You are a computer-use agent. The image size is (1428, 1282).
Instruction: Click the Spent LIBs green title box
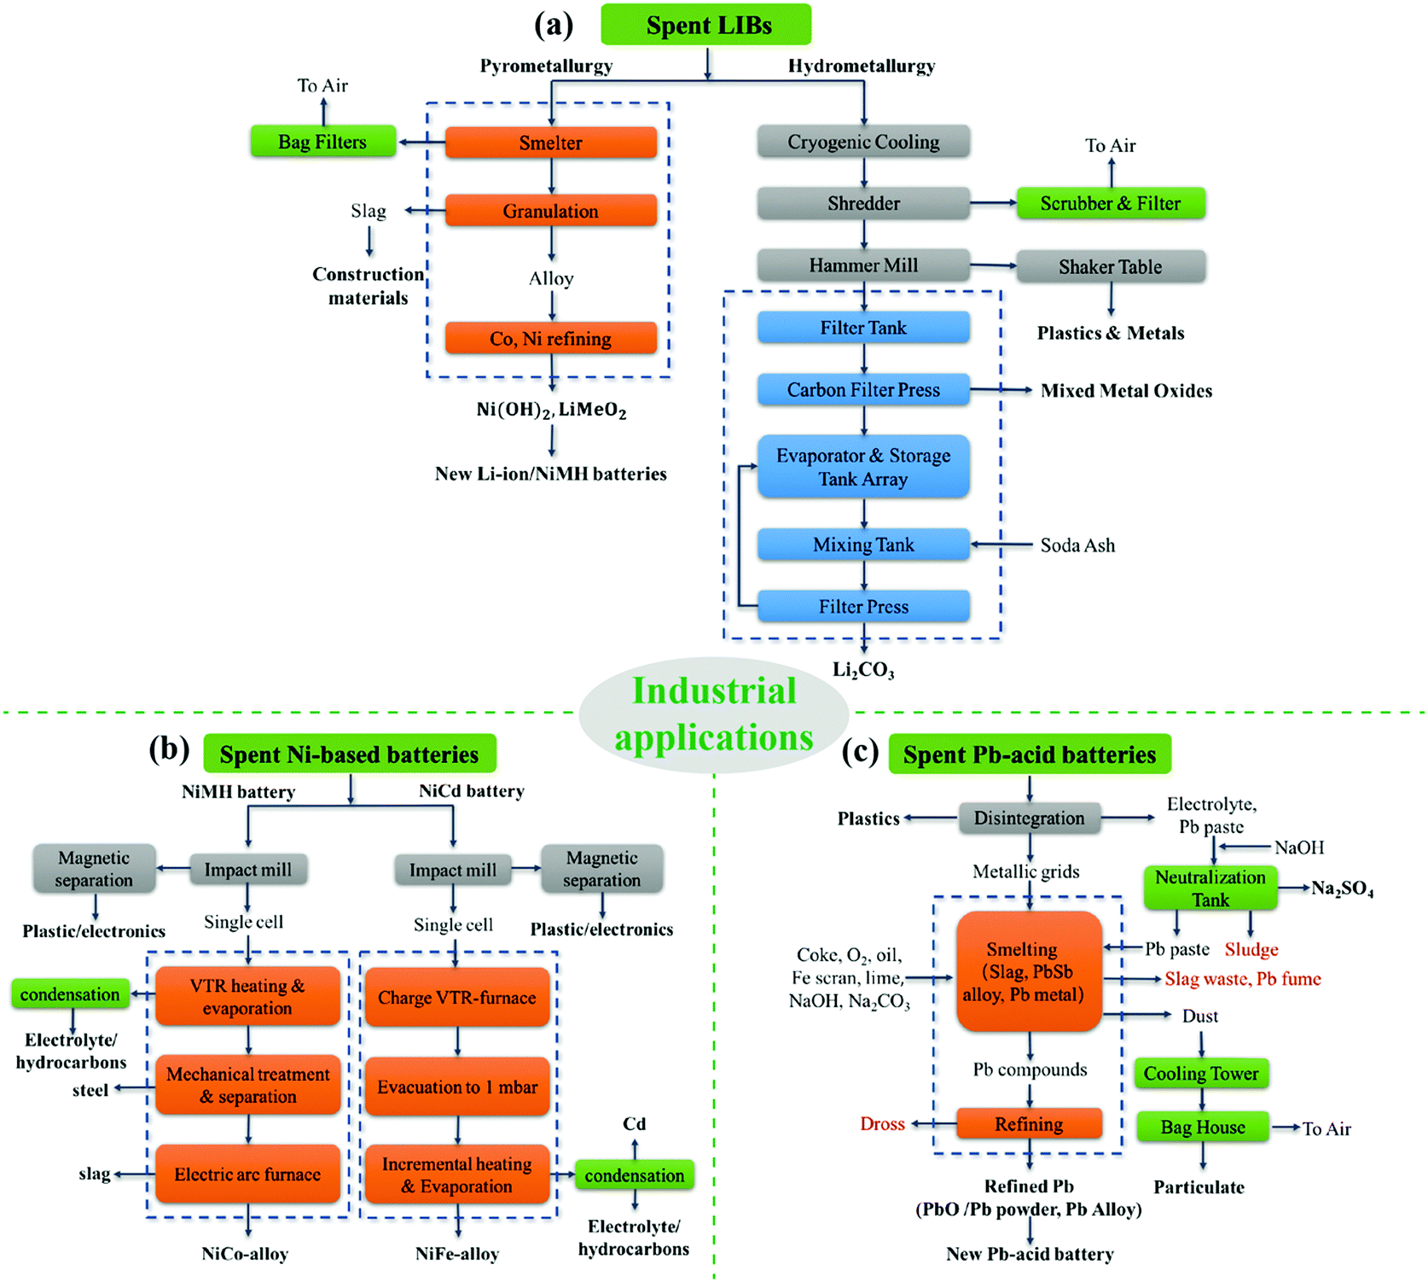pyautogui.click(x=706, y=25)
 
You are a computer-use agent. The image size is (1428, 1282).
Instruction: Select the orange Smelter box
pyautogui.click(x=551, y=143)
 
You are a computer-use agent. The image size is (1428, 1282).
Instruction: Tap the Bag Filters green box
pyautogui.click(x=322, y=142)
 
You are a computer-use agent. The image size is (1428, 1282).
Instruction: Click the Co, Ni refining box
pyautogui.click(x=551, y=339)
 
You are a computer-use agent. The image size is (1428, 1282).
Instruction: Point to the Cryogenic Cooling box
pyautogui.click(x=863, y=142)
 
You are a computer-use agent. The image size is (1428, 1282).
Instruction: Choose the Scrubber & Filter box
pyautogui.click(x=1110, y=203)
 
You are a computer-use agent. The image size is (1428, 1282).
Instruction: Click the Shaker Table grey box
pyautogui.click(x=1110, y=266)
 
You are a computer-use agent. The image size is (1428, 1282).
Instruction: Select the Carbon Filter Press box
pyautogui.click(x=863, y=390)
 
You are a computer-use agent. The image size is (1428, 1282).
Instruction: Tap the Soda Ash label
pyautogui.click(x=1077, y=545)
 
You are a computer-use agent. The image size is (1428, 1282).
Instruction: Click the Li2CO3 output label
pyautogui.click(x=863, y=670)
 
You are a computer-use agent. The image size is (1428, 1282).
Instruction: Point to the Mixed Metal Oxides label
pyautogui.click(x=1126, y=391)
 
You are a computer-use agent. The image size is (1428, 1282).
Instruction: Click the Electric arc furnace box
pyautogui.click(x=247, y=1174)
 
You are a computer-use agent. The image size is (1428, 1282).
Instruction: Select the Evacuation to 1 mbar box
pyautogui.click(x=457, y=1087)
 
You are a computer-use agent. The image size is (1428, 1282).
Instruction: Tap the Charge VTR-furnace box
pyautogui.click(x=457, y=998)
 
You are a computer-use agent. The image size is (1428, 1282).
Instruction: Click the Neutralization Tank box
pyautogui.click(x=1210, y=889)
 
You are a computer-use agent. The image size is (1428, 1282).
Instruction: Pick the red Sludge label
pyautogui.click(x=1251, y=949)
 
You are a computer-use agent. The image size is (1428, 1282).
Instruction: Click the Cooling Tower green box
pyautogui.click(x=1201, y=1074)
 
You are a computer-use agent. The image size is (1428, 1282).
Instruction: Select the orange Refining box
pyautogui.click(x=1029, y=1124)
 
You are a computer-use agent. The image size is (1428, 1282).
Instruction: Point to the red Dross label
pyautogui.click(x=882, y=1124)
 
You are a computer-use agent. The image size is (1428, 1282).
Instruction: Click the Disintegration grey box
pyautogui.click(x=1029, y=819)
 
